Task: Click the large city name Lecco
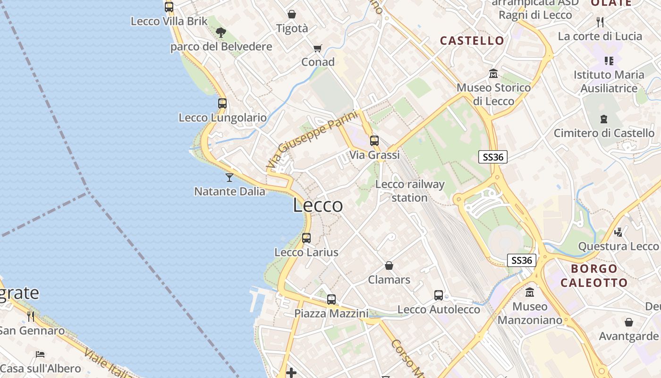318,206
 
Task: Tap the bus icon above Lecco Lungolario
222,103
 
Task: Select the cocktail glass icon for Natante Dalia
229,177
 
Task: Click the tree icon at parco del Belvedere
220,32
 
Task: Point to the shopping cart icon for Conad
318,48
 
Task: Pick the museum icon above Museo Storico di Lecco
493,74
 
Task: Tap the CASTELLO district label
472,41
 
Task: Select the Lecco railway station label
410,191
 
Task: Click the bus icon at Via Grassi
374,140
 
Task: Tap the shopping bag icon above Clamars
389,266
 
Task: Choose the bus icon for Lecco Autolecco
439,295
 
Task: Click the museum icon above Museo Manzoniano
530,292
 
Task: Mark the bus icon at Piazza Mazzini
331,299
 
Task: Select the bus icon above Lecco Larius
306,238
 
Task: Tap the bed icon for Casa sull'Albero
40,354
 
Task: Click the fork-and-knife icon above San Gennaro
31,316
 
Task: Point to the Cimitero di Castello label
604,133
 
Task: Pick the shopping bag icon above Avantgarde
628,322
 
